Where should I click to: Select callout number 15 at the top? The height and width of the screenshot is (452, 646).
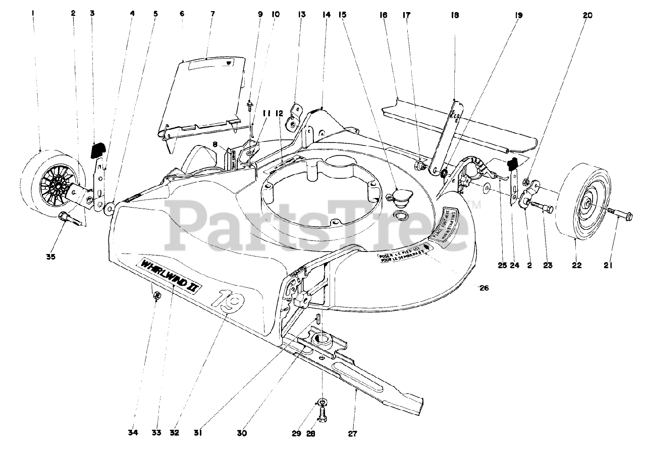pyautogui.click(x=343, y=15)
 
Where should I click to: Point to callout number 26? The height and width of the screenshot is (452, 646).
pyautogui.click(x=484, y=288)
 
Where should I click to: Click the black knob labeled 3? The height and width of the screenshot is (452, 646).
pyautogui.click(x=97, y=149)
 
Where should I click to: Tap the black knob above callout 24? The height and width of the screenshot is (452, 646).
pyautogui.click(x=513, y=163)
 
